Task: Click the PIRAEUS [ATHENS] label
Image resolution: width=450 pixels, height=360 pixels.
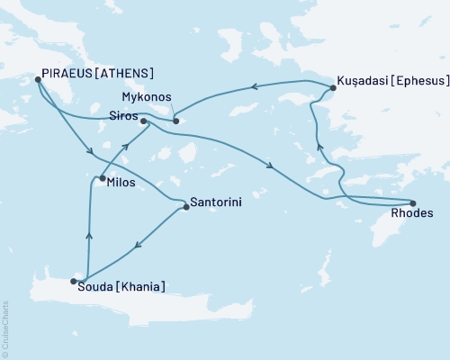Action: (94, 73)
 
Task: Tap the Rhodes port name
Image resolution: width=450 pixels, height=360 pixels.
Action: (413, 214)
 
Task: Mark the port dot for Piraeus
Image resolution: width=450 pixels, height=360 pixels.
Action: (38, 79)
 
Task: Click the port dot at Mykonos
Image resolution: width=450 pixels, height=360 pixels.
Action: (175, 121)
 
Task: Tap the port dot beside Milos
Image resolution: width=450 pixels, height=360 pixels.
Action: (102, 178)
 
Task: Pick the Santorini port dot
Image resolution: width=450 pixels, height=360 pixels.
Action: (185, 207)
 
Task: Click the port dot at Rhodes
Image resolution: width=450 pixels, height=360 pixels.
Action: (413, 202)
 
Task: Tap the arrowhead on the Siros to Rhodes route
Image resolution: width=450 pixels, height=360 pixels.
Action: (271, 163)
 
